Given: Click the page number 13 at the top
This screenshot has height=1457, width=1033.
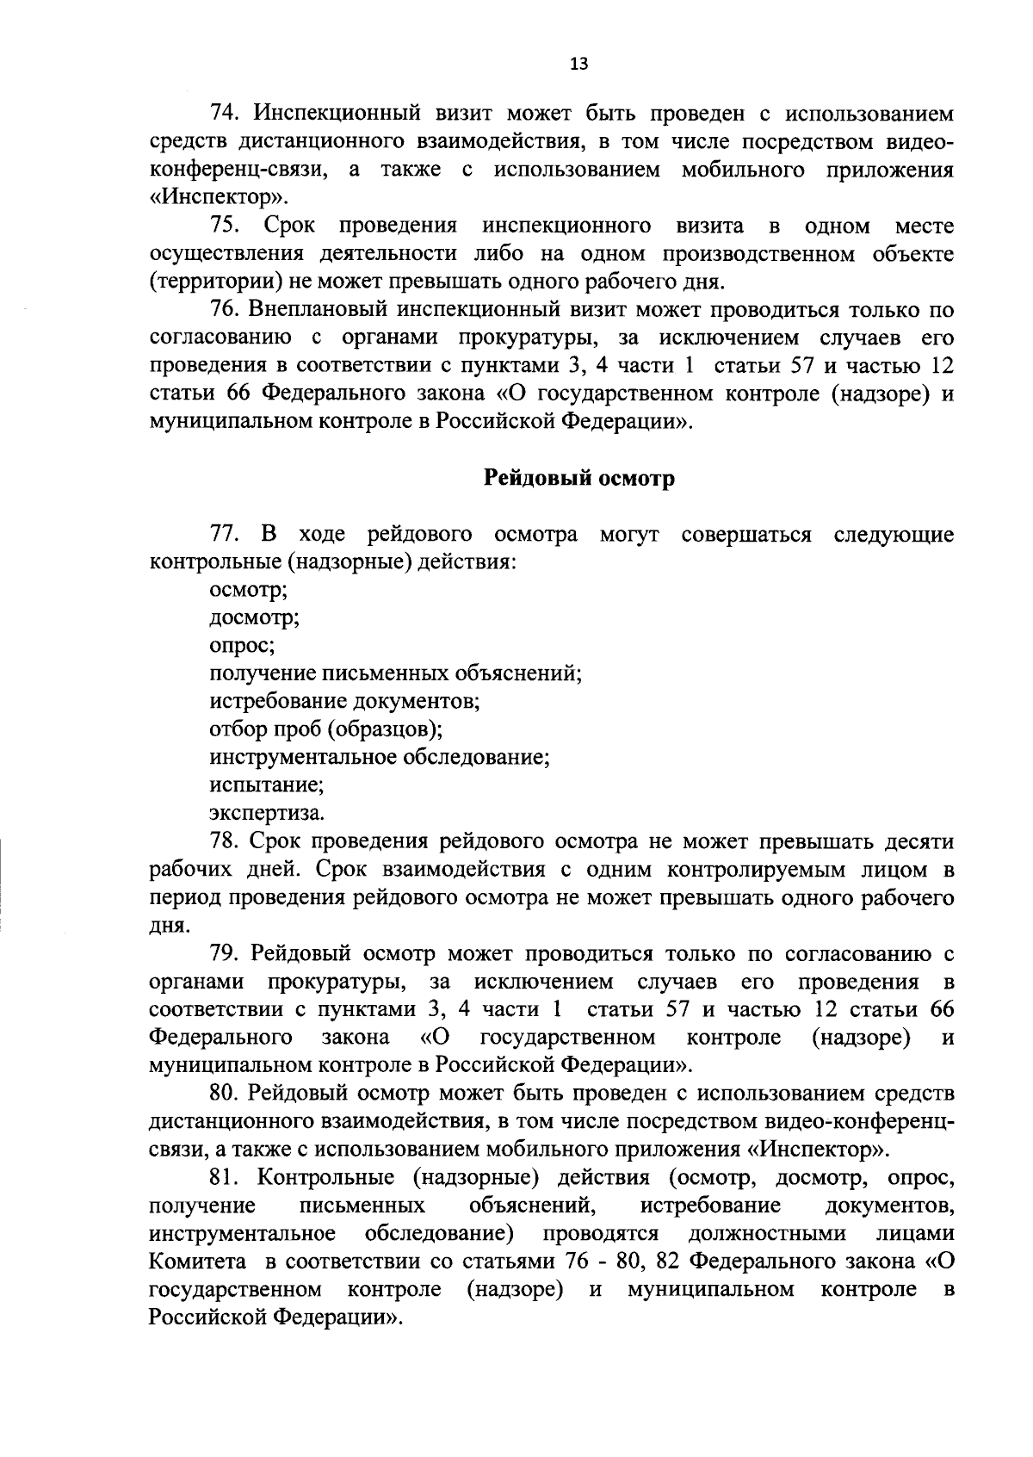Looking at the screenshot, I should pyautogui.click(x=579, y=63).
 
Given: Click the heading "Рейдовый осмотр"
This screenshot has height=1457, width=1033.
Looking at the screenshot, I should pyautogui.click(x=578, y=479).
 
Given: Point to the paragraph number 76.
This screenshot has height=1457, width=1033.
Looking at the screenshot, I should pyautogui.click(x=224, y=310).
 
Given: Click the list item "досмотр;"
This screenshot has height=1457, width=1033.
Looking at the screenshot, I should pyautogui.click(x=255, y=618).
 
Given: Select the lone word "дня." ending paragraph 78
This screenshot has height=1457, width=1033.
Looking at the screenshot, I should pyautogui.click(x=169, y=926).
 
